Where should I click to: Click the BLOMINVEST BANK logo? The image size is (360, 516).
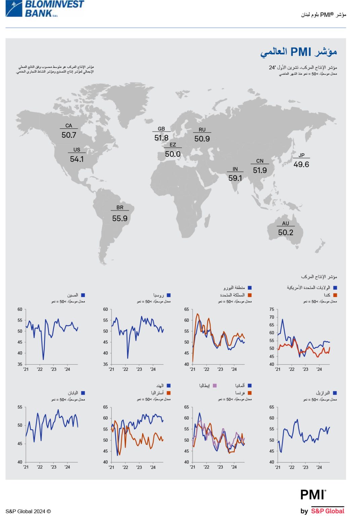(x=45, y=8)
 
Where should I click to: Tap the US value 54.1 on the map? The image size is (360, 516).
(x=77, y=159)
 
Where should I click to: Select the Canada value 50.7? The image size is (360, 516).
(x=69, y=135)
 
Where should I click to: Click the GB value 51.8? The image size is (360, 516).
(x=161, y=138)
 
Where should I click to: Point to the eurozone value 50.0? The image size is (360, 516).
(x=173, y=154)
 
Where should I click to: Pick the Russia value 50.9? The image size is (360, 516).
(x=202, y=138)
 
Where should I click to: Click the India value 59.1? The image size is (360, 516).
(x=235, y=178)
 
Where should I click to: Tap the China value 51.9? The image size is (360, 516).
(x=260, y=170)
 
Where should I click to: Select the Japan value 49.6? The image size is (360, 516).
(x=301, y=164)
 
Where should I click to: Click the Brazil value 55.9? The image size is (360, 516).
(x=120, y=218)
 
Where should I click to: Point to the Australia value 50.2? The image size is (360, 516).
(x=286, y=232)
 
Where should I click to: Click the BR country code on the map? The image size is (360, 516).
(x=120, y=208)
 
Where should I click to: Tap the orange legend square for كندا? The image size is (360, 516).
(x=335, y=295)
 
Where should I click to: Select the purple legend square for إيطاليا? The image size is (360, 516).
(x=215, y=386)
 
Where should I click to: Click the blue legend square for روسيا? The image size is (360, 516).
(x=169, y=295)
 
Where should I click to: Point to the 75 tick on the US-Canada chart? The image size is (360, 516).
(x=272, y=309)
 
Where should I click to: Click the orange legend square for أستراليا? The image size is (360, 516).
(x=169, y=393)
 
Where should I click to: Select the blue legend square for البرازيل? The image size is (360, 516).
(x=335, y=393)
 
